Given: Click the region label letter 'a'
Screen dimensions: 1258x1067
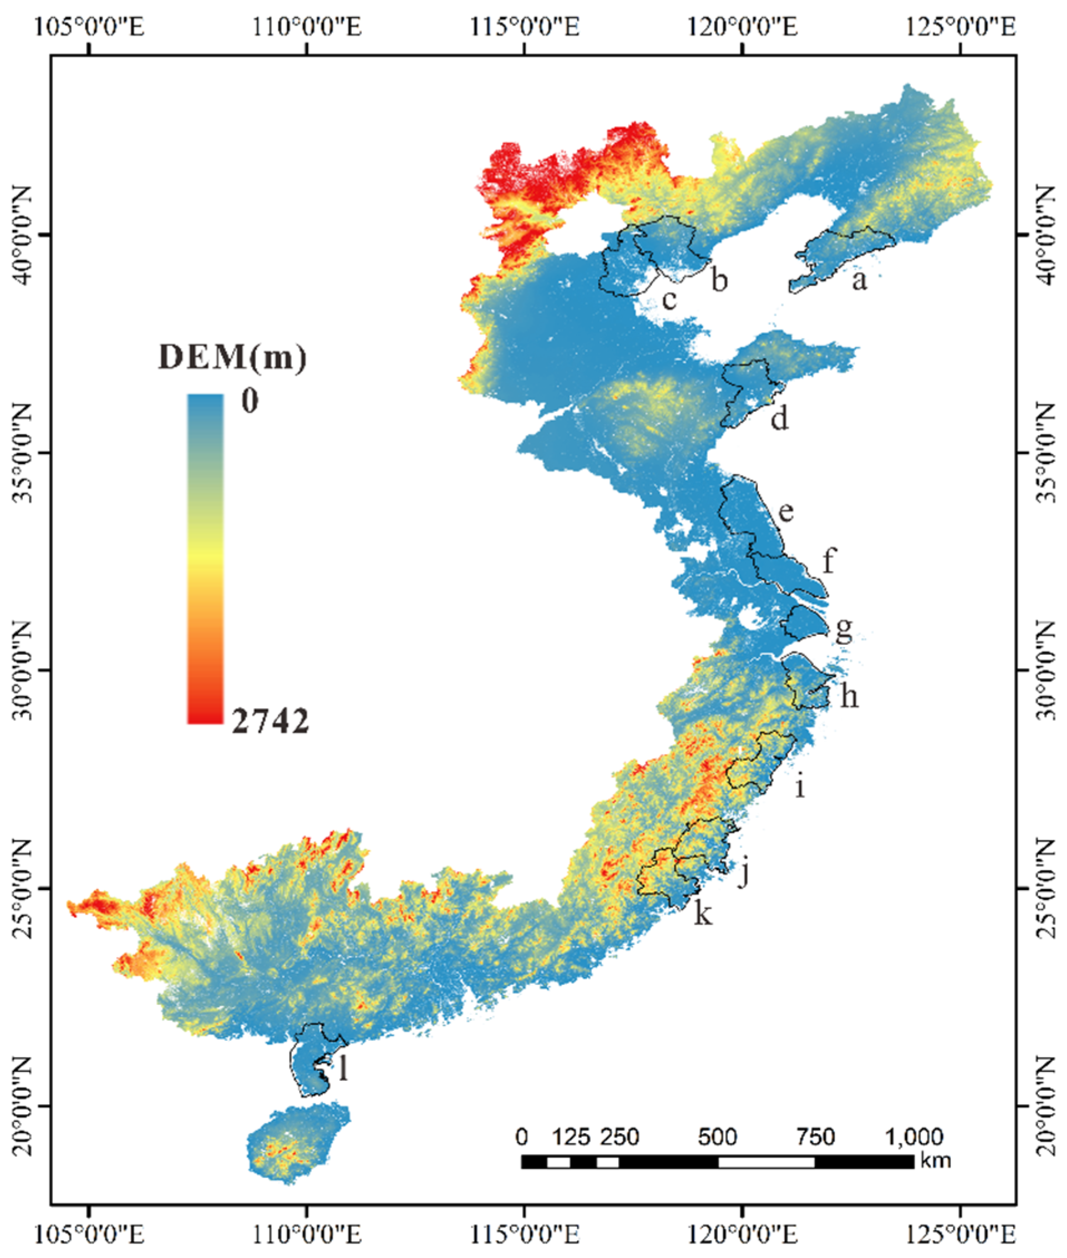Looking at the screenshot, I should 858,280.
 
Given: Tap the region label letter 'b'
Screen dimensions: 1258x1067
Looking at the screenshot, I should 718,280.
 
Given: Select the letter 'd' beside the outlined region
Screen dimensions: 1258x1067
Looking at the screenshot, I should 780,417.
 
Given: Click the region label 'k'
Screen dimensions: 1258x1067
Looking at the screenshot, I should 703,914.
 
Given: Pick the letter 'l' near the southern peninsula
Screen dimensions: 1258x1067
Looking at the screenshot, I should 343,1070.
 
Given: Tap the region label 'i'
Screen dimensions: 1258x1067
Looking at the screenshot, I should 800,787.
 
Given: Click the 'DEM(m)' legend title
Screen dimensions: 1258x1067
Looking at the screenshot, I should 233,357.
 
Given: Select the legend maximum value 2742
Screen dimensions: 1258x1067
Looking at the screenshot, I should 270,721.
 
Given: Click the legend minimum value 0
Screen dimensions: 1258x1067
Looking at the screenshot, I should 250,400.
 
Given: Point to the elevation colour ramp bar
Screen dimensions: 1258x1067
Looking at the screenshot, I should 205,559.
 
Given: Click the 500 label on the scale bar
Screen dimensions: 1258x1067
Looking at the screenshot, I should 717,1138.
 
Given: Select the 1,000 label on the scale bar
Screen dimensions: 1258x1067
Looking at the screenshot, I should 915,1138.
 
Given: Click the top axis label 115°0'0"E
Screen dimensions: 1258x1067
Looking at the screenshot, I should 524,27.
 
